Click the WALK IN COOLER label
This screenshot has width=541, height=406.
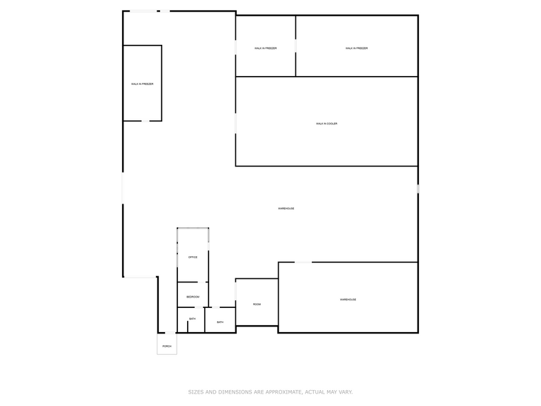click(x=326, y=124)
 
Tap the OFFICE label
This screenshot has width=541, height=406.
click(x=193, y=257)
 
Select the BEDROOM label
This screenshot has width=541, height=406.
click(x=193, y=297)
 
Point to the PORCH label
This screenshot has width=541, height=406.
click(x=167, y=346)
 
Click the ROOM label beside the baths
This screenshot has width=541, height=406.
click(x=257, y=304)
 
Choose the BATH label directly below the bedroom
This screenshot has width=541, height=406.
click(x=192, y=319)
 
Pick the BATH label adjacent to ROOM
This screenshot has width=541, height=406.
click(x=220, y=322)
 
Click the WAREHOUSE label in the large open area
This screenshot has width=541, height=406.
click(x=286, y=209)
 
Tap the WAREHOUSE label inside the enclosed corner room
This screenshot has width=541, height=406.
click(x=348, y=300)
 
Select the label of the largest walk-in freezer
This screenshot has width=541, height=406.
click(x=357, y=48)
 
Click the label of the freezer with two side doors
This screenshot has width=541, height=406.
click(x=266, y=48)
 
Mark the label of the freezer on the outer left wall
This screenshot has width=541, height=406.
click(x=142, y=84)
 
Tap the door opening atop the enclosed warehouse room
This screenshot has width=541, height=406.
click(x=303, y=262)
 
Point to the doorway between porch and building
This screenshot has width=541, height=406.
click(x=169, y=333)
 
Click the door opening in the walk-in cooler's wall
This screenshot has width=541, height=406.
click(x=236, y=123)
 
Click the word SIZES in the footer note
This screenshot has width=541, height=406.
click(x=196, y=392)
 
